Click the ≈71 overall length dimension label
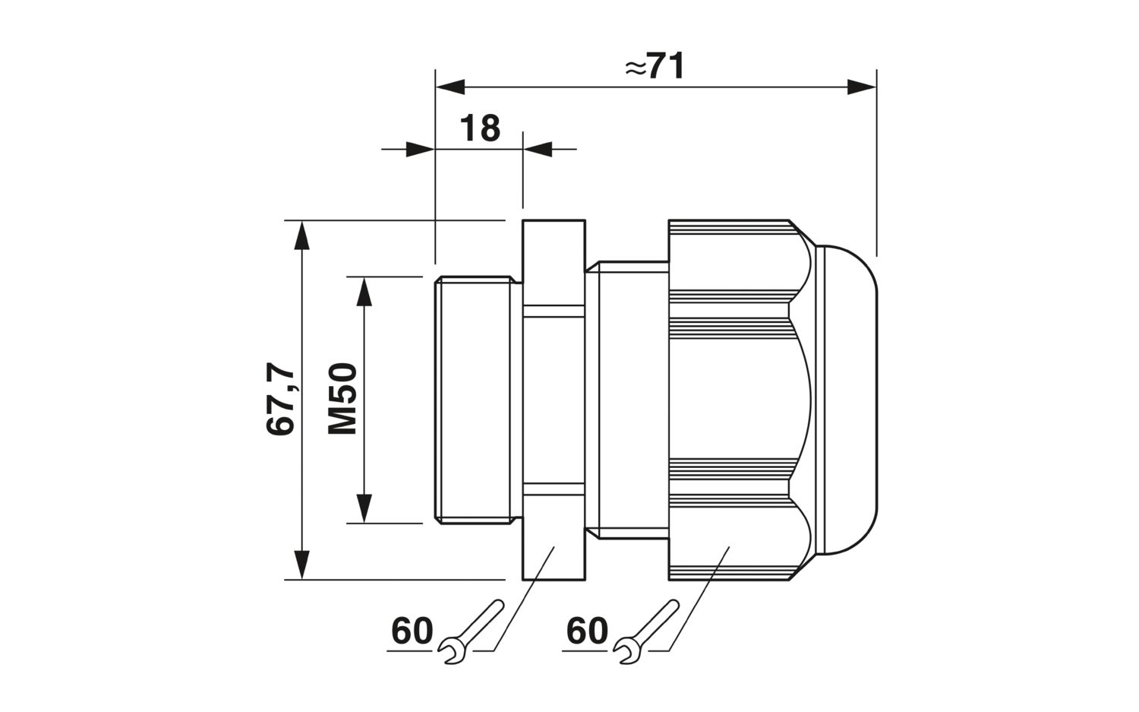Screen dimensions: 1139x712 tap(655, 66)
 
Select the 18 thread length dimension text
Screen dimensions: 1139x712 tap(480, 128)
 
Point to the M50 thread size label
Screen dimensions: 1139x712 tap(342, 398)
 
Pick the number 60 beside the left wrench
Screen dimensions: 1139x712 tap(412, 631)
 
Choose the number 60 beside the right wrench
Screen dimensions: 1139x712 tap(587, 631)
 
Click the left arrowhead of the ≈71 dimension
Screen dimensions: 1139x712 tap(450, 87)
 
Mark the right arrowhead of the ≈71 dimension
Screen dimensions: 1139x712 tap(861, 87)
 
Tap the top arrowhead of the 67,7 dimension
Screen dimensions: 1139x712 tap(302, 235)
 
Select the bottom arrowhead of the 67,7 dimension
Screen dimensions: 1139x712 tap(302, 565)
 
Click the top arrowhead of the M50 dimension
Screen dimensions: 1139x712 tap(364, 291)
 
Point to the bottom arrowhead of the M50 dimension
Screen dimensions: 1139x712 tap(364, 508)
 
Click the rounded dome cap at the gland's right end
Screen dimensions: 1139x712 tap(847, 400)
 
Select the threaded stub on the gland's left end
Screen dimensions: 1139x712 tap(477, 400)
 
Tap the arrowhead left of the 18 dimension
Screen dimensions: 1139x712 tap(420, 150)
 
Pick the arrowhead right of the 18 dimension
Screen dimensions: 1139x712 tap(538, 150)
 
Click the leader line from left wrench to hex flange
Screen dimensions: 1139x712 tap(524, 599)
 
